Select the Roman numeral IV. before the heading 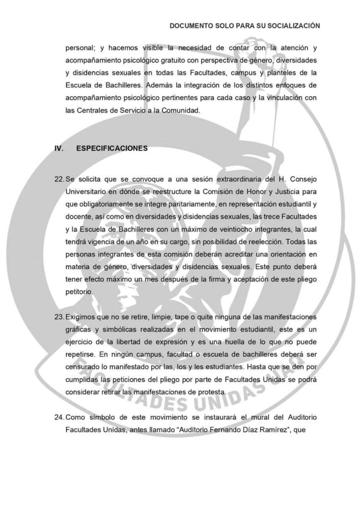59,149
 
